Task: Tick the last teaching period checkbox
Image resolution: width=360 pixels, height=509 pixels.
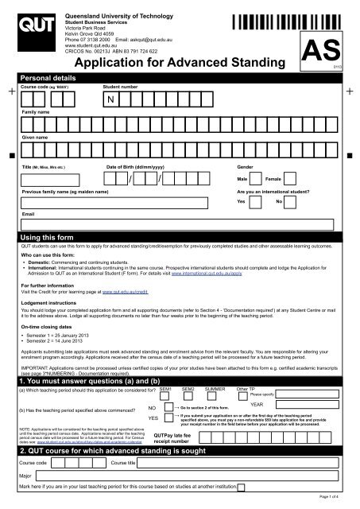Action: (297, 492)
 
